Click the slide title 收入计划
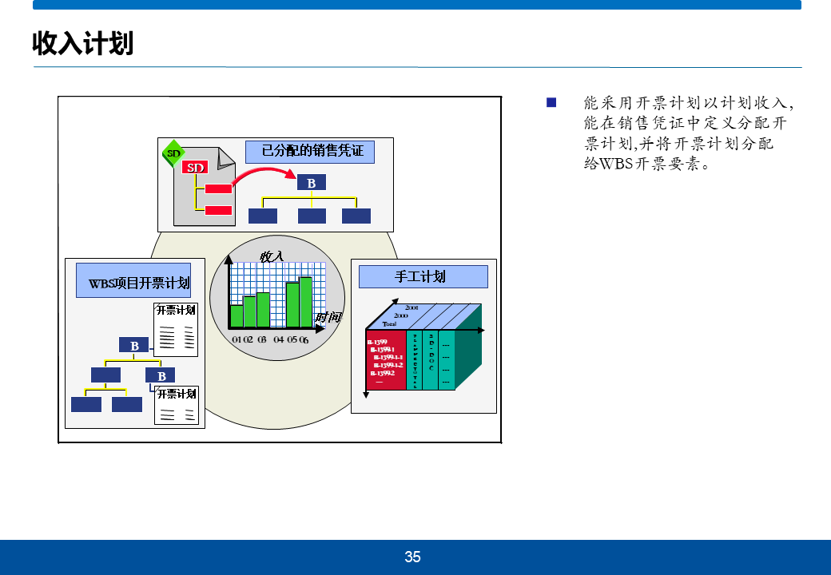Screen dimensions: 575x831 82,43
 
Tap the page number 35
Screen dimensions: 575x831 412,557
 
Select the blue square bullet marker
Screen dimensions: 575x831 551,102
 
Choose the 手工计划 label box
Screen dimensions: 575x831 423,276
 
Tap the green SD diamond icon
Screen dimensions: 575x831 173,153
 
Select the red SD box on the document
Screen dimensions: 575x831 196,168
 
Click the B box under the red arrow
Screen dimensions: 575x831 312,184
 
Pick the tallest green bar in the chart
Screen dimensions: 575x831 305,302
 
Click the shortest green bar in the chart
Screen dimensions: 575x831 237,316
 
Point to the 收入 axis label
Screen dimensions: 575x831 272,256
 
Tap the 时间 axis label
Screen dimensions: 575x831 328,317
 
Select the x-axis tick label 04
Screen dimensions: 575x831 279,339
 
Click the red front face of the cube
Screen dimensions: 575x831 386,359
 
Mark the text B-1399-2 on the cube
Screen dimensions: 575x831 382,372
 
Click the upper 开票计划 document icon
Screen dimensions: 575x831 176,330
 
